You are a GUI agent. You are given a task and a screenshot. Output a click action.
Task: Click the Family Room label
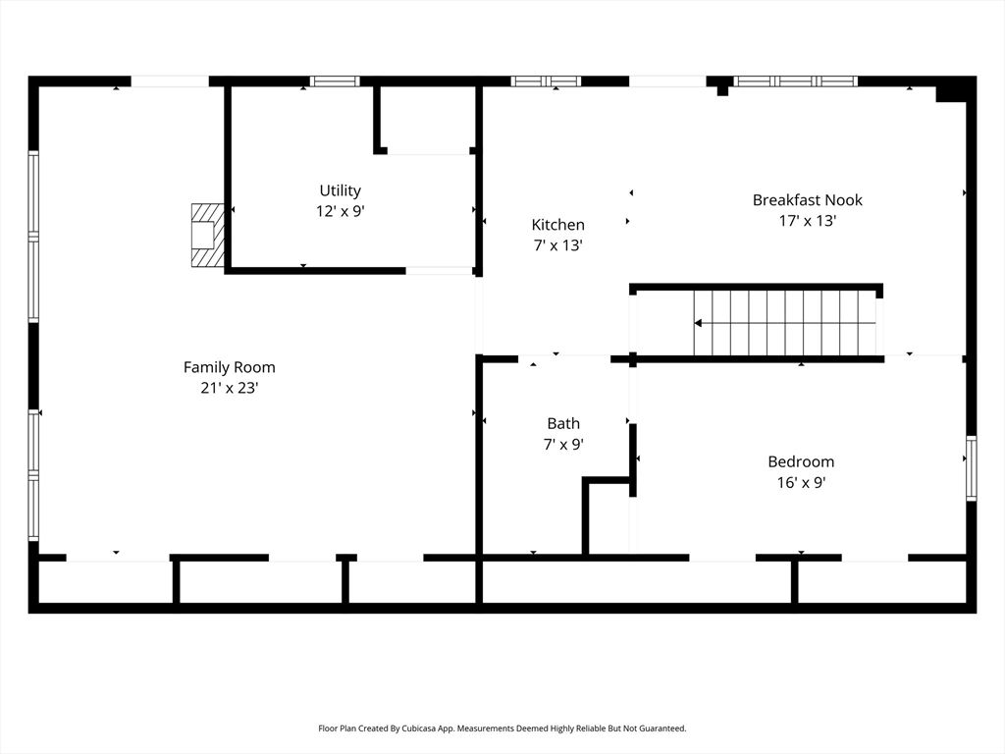tap(230, 367)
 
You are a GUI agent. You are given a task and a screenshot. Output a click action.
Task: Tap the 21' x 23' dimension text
tap(230, 388)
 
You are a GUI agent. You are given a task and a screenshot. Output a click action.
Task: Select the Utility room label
tap(340, 190)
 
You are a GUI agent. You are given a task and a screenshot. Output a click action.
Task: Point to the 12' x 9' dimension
tap(340, 211)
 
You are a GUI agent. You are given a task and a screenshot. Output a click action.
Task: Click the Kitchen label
tap(557, 225)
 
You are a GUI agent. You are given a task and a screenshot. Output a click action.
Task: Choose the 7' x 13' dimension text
tap(557, 245)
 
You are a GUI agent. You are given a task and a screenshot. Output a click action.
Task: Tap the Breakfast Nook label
tap(807, 199)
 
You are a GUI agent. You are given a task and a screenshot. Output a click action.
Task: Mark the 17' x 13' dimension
tap(807, 221)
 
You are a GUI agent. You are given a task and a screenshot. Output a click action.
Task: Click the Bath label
tap(563, 423)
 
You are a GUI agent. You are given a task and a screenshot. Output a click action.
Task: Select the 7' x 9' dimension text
tap(563, 444)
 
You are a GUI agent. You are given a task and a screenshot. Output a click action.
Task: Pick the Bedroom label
tap(801, 461)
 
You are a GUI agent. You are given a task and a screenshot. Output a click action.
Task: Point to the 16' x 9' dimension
tap(801, 482)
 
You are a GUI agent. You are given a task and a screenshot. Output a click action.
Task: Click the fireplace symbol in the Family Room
tap(206, 235)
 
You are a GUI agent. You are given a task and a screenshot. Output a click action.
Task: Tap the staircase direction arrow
tap(698, 322)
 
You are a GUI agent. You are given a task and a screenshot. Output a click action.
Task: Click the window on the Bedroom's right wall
tap(971, 468)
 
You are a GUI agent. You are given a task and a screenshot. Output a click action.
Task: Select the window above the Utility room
tap(335, 81)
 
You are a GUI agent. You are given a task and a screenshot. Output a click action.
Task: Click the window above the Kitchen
tap(547, 81)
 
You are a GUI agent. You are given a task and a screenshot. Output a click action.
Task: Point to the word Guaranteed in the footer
tap(661, 728)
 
